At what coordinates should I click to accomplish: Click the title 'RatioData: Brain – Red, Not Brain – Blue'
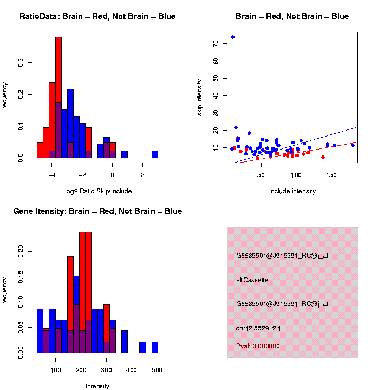pyautogui.click(x=97, y=16)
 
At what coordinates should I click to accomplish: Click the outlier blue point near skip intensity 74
pyautogui.click(x=232, y=37)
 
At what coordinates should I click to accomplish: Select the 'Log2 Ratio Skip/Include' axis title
pyautogui.click(x=97, y=191)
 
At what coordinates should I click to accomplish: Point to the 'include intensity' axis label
pyautogui.click(x=292, y=191)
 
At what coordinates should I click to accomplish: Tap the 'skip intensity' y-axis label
pyautogui.click(x=200, y=97)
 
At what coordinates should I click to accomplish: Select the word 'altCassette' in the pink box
pyautogui.click(x=252, y=280)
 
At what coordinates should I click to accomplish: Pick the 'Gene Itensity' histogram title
pyautogui.click(x=97, y=211)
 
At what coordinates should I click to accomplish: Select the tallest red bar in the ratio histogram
pyautogui.click(x=58, y=97)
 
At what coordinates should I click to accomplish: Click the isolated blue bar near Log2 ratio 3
pyautogui.click(x=155, y=154)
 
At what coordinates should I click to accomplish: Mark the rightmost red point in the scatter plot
pyautogui.click(x=323, y=157)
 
